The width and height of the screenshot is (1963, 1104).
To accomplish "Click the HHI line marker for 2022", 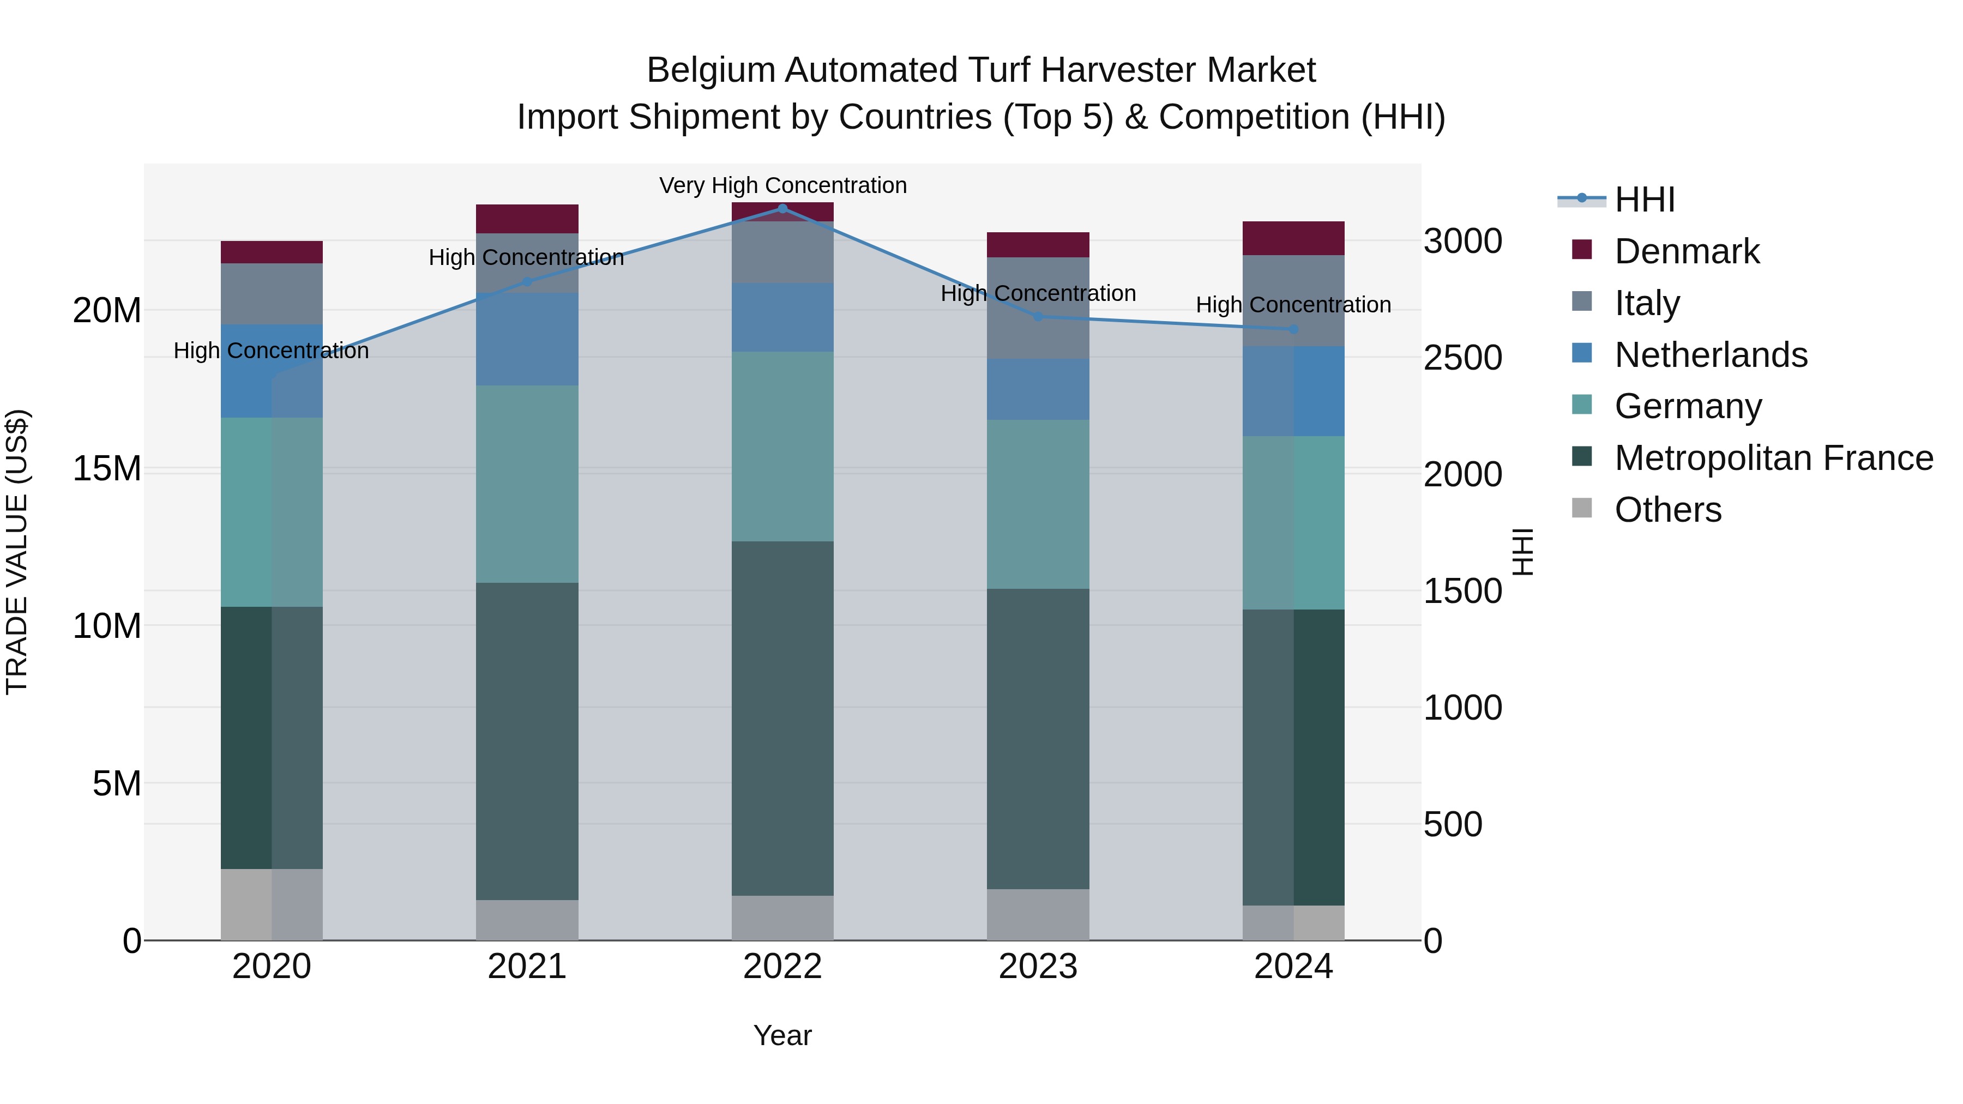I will pos(782,208).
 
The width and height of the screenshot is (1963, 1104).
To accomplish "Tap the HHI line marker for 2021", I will pos(527,282).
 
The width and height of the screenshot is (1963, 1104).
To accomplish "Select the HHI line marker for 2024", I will pos(1293,329).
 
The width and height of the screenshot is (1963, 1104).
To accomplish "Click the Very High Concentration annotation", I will pos(782,185).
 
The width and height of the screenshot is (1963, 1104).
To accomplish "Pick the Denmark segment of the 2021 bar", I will pos(527,219).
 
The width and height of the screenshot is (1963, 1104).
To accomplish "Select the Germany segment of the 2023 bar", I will pos(1037,504).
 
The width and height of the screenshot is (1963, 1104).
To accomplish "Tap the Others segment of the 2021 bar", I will pos(527,920).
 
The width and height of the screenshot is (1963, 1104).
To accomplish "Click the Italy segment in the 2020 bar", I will pos(272,294).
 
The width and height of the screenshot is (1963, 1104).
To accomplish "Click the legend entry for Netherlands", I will pos(1710,355).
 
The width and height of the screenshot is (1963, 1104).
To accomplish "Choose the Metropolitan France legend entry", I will pos(1773,458).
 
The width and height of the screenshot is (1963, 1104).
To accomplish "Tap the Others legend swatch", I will pos(1582,508).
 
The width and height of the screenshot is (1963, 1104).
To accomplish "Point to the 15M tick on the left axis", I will pos(107,468).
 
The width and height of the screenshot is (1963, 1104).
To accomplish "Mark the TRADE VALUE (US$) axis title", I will pos(17,552).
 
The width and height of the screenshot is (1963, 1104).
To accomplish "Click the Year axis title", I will pos(782,1035).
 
